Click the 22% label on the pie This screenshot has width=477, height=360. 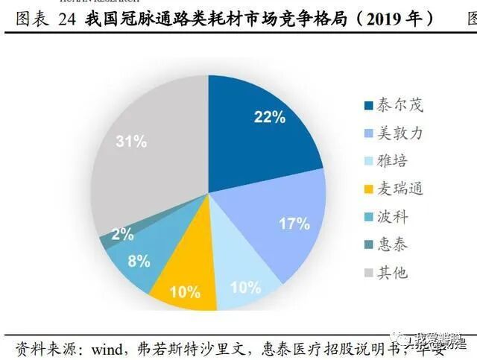coord(269,116)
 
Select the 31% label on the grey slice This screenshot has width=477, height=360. coord(131,142)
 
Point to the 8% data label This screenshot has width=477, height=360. coord(139,261)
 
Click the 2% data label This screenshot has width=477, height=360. coord(122,234)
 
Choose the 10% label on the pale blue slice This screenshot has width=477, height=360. coord(245,287)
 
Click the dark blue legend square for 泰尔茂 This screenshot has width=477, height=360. coord(368,106)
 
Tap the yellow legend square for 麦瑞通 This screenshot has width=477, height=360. coord(368,189)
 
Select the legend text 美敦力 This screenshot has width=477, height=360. coord(400,133)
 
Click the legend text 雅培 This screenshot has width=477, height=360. coord(394,161)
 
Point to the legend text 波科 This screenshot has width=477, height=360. coord(394,216)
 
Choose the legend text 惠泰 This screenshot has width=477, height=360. coord(394,244)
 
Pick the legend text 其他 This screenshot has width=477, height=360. coord(394,271)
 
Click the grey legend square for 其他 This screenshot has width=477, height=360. coord(368,272)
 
